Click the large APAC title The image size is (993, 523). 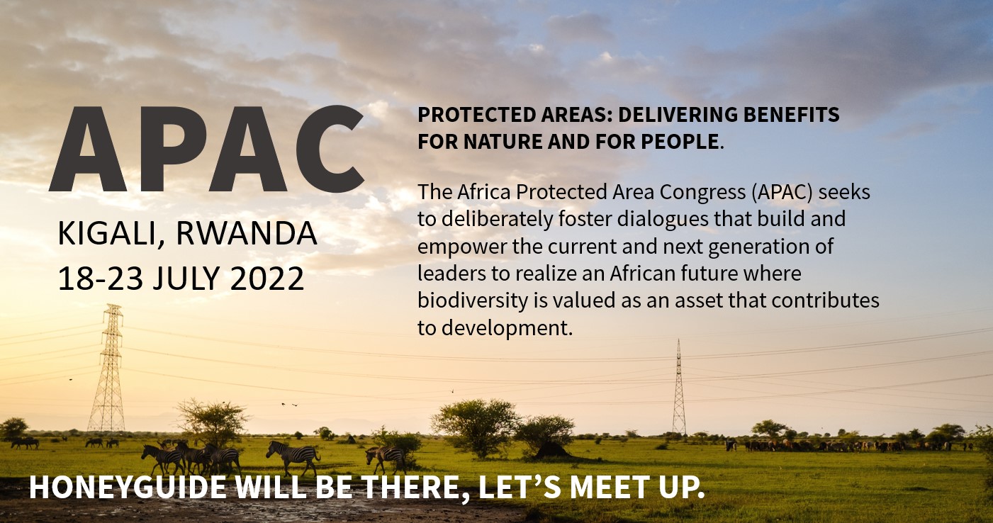206,149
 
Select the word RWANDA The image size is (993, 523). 247,233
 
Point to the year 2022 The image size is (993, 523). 267,279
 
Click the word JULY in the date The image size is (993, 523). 186,279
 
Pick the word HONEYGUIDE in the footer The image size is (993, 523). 128,487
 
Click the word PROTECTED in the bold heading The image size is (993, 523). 476,114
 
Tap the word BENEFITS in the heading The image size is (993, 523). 791,114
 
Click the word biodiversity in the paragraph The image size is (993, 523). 473,300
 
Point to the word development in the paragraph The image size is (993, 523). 507,329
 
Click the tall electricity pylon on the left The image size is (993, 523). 108,367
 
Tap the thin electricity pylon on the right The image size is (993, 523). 679,387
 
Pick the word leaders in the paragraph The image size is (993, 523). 451,274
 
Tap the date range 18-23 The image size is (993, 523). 101,279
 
